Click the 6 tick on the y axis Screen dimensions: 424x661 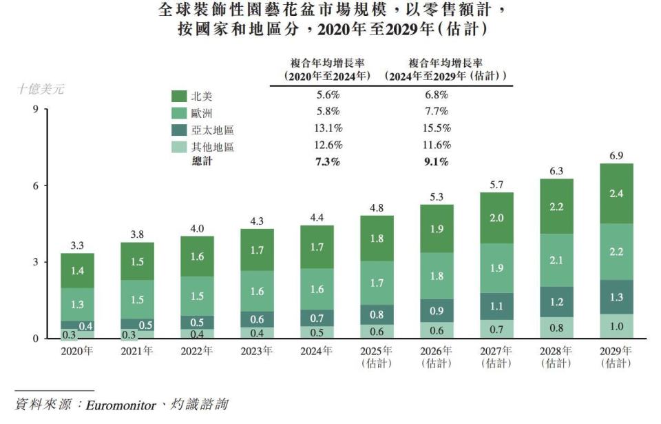pyautogui.click(x=34, y=185)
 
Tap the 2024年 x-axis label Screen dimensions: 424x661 pyautogui.click(x=317, y=351)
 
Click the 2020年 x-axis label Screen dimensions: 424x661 pyautogui.click(x=77, y=351)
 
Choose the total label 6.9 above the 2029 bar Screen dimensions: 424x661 pyautogui.click(x=616, y=156)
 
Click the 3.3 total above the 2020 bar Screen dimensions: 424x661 pyautogui.click(x=77, y=245)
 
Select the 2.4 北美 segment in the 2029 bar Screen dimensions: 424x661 pyautogui.click(x=616, y=194)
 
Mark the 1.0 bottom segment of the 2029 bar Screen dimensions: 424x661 pyautogui.click(x=616, y=327)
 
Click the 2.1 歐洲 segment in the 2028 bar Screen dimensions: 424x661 pyautogui.click(x=556, y=260)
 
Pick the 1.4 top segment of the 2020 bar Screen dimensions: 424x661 pyautogui.click(x=77, y=270)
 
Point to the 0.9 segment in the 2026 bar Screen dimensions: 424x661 pyautogui.click(x=437, y=310)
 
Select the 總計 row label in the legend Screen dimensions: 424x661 pyautogui.click(x=202, y=162)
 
